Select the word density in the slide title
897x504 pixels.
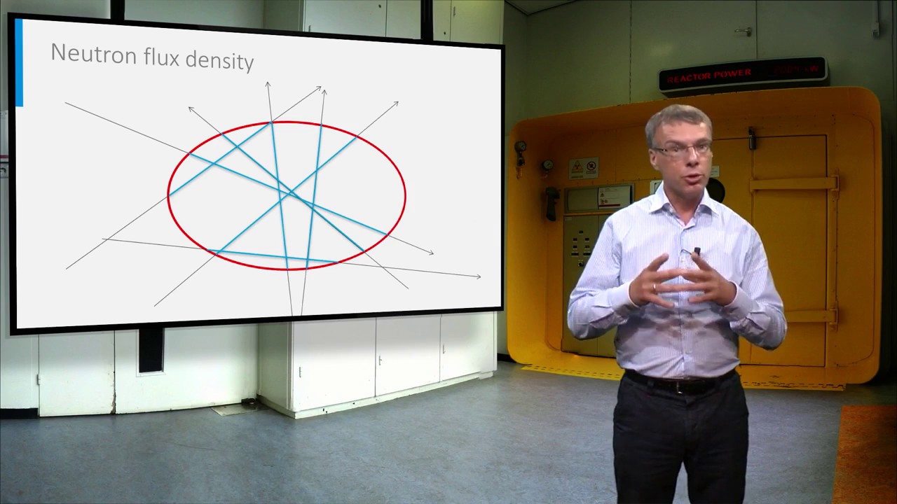click(x=221, y=59)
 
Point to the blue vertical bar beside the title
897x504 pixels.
click(x=19, y=63)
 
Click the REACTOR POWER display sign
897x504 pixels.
click(x=742, y=73)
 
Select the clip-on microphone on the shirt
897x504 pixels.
click(x=697, y=250)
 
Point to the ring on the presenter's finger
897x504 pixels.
click(x=654, y=287)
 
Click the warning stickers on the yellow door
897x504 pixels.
click(x=583, y=167)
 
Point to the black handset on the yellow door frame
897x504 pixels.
click(x=552, y=204)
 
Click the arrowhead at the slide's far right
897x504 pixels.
click(x=479, y=276)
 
